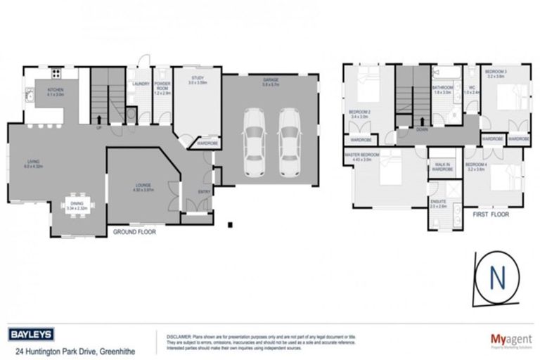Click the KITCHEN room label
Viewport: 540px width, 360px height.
56,91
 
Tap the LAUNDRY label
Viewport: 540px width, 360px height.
140,84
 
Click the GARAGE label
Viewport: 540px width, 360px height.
271,79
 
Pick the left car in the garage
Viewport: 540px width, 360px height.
252,143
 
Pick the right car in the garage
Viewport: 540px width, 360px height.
289,143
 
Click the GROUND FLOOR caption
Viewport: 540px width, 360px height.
134,231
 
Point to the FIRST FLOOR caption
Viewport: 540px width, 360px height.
490,212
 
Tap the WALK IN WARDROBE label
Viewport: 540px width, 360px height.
441,167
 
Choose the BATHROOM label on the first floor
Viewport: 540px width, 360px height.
442,89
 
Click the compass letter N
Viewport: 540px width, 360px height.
501,276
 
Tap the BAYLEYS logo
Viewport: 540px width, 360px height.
32,334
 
